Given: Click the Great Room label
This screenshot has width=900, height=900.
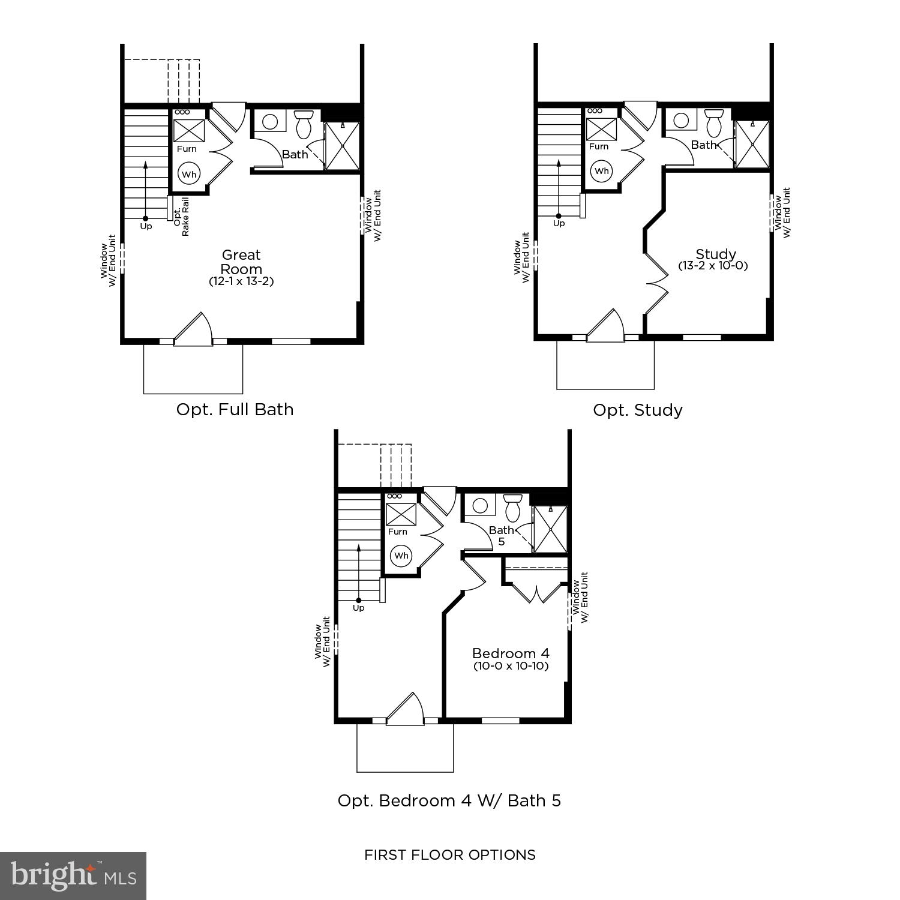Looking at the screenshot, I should [x=241, y=262].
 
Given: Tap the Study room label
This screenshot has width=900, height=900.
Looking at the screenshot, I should [x=716, y=254].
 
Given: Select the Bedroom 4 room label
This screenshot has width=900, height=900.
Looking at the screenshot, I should [x=511, y=653].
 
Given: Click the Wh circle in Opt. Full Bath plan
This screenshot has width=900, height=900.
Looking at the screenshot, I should [x=189, y=175].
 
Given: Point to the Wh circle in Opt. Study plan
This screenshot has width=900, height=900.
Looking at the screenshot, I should [x=601, y=171].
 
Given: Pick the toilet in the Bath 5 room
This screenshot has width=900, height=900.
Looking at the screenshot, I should [x=513, y=508].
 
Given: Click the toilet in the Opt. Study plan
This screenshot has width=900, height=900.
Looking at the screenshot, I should [x=714, y=123].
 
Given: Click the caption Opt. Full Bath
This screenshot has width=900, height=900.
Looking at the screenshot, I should [x=235, y=410].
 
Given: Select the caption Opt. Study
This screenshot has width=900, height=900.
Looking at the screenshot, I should [x=638, y=410].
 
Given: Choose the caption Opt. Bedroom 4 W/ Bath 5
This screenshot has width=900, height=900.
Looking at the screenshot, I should [x=449, y=801].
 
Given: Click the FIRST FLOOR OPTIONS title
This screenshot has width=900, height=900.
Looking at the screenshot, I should [x=450, y=855].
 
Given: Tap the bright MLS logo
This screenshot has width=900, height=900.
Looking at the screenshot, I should [x=73, y=875].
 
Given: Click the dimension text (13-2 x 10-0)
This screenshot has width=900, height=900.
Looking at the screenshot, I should [x=713, y=266].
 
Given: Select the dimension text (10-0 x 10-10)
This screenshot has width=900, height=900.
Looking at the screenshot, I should [x=511, y=666].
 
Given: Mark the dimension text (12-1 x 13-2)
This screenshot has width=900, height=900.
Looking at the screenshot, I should [x=241, y=281].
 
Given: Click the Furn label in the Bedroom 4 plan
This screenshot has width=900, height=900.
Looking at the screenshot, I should [x=397, y=532].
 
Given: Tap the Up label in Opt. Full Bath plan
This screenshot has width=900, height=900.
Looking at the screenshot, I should [x=146, y=227].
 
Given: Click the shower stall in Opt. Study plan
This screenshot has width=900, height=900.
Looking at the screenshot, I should [x=752, y=145].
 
